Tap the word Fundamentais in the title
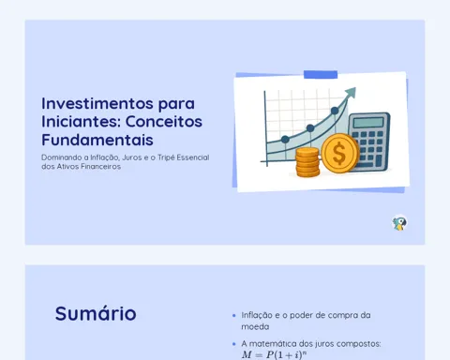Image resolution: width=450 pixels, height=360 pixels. coord(97,140)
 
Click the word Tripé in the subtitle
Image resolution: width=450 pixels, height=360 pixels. coord(166,157)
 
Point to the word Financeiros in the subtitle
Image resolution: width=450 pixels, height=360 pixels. coord(101,167)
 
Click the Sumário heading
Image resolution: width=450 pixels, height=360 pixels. coord(96,313)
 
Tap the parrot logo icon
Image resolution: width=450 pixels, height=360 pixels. coord(399,223)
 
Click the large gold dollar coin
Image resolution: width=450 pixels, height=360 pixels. coord(339,153)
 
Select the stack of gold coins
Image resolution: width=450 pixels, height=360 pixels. coord(307,162)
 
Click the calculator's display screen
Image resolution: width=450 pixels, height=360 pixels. coord(369,122)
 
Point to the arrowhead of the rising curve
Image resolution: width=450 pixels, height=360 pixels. coord(351,93)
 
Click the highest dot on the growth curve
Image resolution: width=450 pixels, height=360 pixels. coord(335,111)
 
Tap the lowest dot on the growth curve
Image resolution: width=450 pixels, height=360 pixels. coord(285,140)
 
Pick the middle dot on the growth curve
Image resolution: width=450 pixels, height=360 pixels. coord(310,128)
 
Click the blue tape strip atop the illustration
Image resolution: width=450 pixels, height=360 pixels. coord(321,75)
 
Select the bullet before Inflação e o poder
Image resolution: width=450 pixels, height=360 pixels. coord(234,316)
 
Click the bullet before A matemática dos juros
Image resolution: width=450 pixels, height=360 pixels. coord(234,344)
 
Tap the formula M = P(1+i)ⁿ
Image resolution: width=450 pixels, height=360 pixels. coord(274,354)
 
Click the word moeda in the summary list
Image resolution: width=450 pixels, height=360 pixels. coord(255,327)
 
